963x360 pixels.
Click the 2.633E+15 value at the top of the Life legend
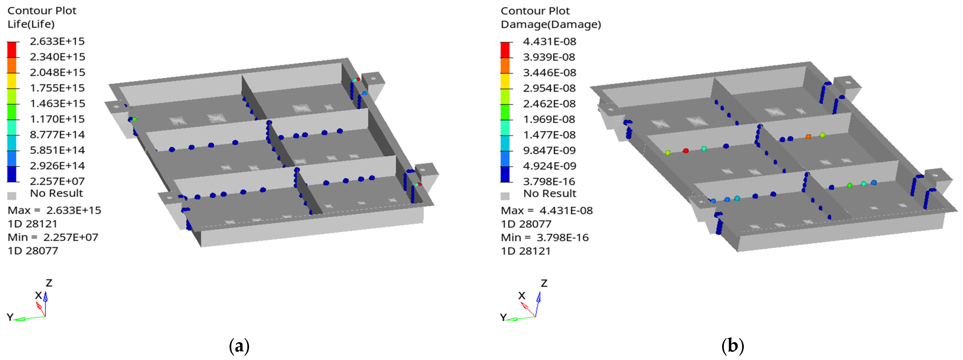coord(57,41)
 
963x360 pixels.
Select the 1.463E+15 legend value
coord(58,103)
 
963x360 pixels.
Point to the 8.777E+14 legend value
coord(57,134)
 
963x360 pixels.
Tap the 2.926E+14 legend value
coord(57,165)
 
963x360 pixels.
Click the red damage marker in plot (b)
coord(686,151)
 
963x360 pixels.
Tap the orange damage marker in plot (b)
coord(808,136)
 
